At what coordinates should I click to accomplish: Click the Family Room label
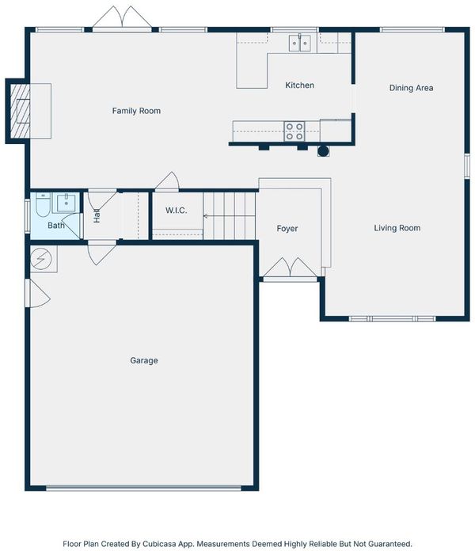click(136, 111)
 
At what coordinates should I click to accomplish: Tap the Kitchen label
click(300, 85)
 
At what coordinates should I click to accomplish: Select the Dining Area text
click(411, 88)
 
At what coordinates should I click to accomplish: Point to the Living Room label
click(397, 228)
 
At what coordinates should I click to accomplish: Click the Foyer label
click(287, 229)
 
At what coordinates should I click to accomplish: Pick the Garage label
click(144, 360)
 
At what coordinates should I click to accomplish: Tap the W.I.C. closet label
click(176, 211)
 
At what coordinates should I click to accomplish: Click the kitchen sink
click(300, 43)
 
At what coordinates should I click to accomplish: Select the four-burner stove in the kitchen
click(294, 131)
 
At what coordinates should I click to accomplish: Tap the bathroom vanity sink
click(66, 203)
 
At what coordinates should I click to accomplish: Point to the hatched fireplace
click(21, 111)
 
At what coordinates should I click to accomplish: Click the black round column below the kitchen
click(323, 151)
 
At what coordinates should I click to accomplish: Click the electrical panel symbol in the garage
click(40, 259)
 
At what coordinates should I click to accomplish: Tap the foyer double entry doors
click(291, 268)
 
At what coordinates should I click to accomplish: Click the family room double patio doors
click(122, 17)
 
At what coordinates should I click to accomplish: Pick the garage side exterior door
click(38, 294)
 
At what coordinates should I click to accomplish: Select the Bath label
click(56, 226)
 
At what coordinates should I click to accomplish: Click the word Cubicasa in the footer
click(159, 544)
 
